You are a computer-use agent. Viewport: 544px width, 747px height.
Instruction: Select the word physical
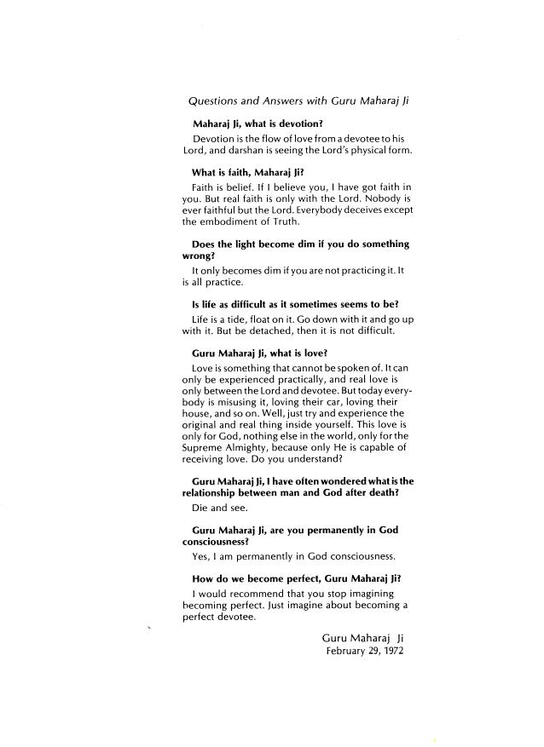pyautogui.click(x=366, y=151)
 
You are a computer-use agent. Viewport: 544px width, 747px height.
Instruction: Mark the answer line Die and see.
pyautogui.click(x=220, y=509)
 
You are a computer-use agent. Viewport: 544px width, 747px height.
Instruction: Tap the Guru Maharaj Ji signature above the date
pyautogui.click(x=362, y=637)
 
